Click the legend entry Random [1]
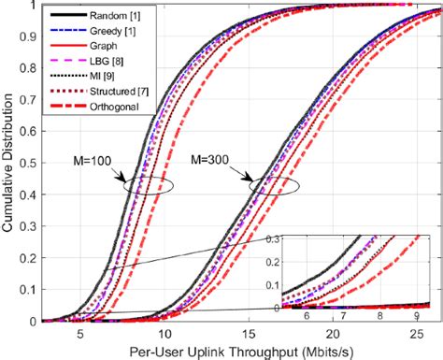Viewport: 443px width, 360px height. (111, 17)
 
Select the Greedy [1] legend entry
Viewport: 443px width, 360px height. (111, 33)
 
